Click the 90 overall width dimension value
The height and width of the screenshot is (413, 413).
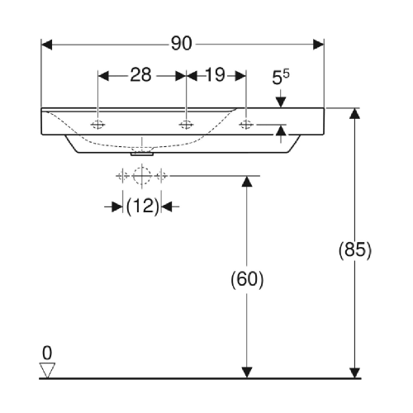click(182, 44)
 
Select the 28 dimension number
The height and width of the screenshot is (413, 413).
click(140, 74)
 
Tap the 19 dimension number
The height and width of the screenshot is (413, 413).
click(215, 74)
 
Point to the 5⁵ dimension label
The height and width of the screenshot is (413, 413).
click(281, 77)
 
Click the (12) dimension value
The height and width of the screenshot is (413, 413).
click(143, 206)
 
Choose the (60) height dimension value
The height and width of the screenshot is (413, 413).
click(247, 279)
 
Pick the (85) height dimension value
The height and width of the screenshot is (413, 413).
click(355, 250)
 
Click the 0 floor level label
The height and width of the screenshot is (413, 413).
click(47, 353)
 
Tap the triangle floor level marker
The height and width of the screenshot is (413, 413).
click(47, 370)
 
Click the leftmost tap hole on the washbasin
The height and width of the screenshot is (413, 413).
click(98, 125)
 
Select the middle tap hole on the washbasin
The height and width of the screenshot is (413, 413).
click(186, 125)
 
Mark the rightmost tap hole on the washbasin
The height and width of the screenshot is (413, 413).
click(246, 125)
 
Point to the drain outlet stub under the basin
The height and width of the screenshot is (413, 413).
click(142, 154)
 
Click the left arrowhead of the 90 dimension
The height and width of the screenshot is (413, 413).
click(46, 45)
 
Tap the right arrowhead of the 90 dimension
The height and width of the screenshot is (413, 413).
click(319, 45)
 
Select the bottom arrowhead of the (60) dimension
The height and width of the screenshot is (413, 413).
click(247, 373)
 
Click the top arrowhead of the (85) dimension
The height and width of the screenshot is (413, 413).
click(354, 113)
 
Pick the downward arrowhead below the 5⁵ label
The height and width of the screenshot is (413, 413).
click(281, 102)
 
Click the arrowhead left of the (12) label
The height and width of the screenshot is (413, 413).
click(117, 206)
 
